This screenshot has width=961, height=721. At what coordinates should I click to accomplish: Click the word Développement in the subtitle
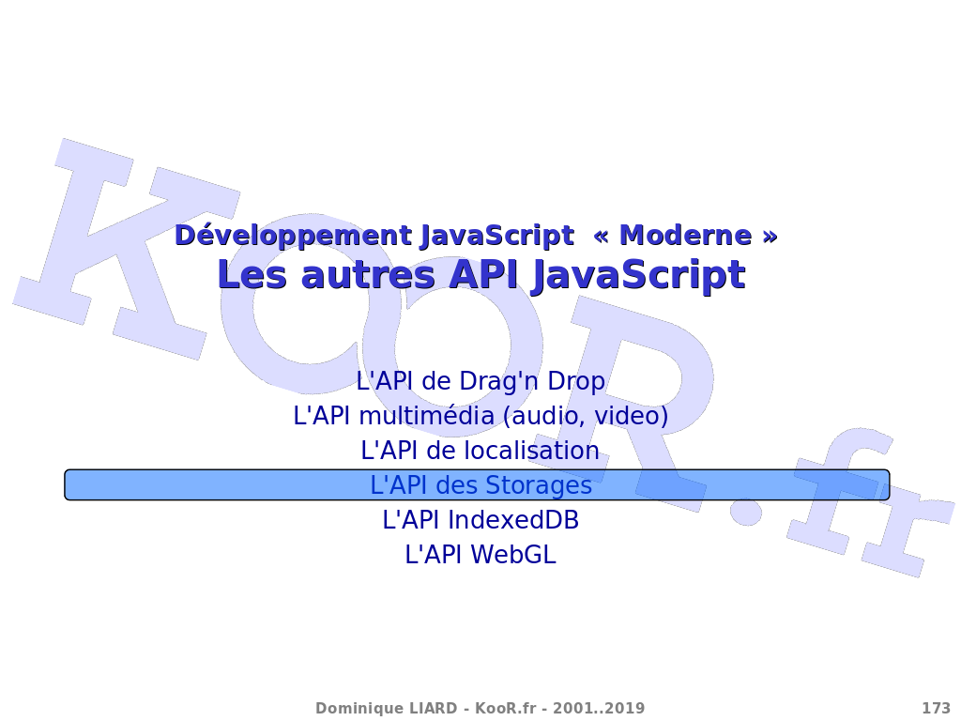click(293, 236)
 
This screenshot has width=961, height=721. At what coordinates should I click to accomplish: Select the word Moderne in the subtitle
click(685, 236)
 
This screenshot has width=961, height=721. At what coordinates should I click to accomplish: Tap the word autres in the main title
click(368, 275)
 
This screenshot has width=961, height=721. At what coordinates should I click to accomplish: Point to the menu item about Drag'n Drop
click(480, 381)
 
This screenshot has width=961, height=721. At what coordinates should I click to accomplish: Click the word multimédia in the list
click(426, 416)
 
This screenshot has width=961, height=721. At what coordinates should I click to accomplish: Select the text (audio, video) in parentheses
click(586, 416)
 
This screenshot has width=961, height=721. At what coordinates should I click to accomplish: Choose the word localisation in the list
click(531, 451)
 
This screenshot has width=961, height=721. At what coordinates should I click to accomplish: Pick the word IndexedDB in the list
click(513, 520)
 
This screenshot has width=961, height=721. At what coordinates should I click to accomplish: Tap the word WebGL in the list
click(513, 555)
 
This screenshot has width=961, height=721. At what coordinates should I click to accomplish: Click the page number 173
click(936, 709)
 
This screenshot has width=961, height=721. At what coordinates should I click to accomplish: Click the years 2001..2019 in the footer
click(599, 709)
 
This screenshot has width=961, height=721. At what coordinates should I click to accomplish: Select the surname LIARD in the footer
click(431, 709)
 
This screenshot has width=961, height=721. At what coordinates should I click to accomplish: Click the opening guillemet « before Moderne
click(602, 236)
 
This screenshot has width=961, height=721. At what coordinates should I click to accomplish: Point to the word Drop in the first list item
click(576, 382)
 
